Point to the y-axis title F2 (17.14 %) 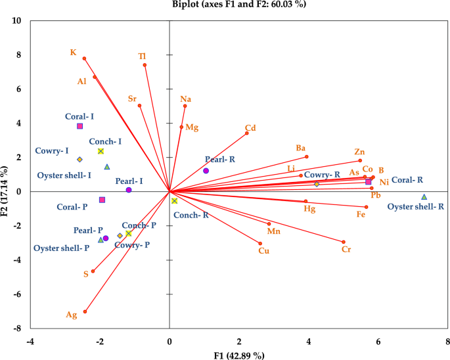point(6,174)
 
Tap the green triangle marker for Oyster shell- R point(424,197)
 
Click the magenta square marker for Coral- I point(80,126)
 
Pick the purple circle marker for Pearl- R point(206,171)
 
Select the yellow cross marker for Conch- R point(174,201)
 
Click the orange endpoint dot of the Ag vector point(85,311)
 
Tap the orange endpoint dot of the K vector point(84,58)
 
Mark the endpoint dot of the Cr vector point(344,242)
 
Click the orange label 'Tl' point(142,56)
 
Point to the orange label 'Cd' point(250,128)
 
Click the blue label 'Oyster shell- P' point(61,248)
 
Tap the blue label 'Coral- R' point(407,179)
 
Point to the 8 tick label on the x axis point(447,342)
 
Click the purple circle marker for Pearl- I point(129,190)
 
